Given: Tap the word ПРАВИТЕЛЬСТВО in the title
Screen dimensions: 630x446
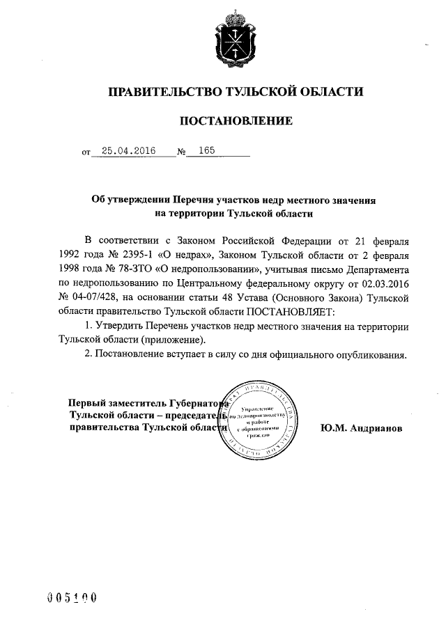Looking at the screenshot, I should [x=160, y=91].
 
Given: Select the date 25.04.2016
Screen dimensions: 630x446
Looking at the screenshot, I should [x=129, y=150].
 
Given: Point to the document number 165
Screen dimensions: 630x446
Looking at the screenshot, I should [x=207, y=150].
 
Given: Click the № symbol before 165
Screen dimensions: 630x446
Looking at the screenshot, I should [x=182, y=152].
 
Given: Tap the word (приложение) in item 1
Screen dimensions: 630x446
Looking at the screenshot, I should [x=174, y=340].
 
